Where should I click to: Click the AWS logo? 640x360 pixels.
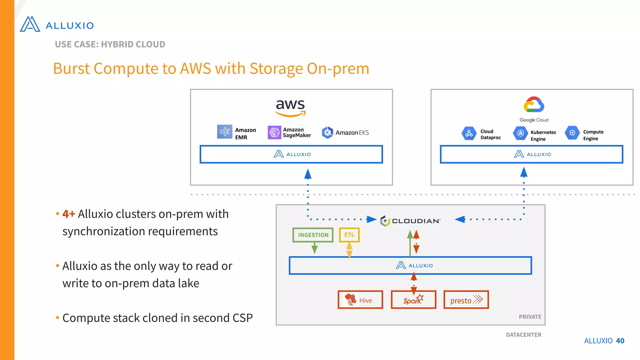click(290, 107)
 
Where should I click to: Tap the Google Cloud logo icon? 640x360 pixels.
click(534, 105)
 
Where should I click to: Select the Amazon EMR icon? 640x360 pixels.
click(224, 132)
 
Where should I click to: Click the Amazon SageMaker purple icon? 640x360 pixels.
click(274, 132)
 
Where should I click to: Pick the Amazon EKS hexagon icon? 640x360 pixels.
click(327, 132)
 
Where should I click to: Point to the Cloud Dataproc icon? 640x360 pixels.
click(469, 134)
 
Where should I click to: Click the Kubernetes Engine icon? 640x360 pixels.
click(520, 133)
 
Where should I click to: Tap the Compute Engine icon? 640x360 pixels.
click(572, 133)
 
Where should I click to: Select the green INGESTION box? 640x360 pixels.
click(313, 235)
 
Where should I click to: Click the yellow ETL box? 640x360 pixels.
click(349, 235)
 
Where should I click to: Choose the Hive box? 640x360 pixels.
click(360, 300)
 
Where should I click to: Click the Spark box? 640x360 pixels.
click(413, 300)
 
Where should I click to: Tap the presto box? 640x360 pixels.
click(466, 300)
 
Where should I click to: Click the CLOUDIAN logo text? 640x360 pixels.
click(416, 221)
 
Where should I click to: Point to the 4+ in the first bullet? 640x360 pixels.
click(68, 214)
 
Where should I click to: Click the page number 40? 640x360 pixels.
click(620, 341)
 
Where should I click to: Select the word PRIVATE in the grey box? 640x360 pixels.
click(530, 317)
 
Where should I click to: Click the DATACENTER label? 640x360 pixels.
click(523, 335)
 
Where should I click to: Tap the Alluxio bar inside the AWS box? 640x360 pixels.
click(291, 154)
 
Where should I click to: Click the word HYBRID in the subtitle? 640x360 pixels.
click(117, 44)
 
